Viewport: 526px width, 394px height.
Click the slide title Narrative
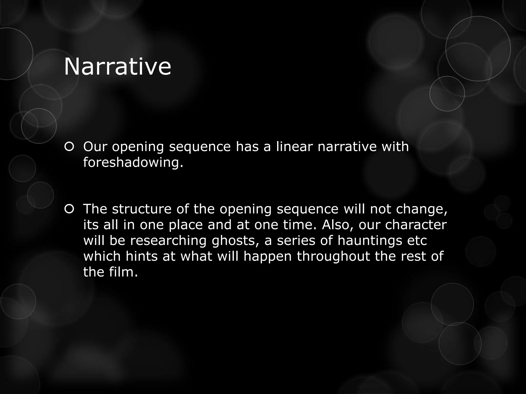(x=117, y=67)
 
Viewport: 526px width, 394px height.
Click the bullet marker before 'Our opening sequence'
(x=69, y=147)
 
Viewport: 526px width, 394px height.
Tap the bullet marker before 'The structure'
(x=69, y=209)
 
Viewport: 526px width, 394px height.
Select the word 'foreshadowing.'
(x=133, y=163)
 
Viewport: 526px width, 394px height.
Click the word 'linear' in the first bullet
(x=294, y=147)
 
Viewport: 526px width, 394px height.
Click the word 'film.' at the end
(x=124, y=272)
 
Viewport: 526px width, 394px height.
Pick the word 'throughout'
(x=333, y=256)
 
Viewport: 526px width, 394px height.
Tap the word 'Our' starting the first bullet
(x=95, y=147)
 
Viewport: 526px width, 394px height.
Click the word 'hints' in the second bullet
(x=142, y=256)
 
